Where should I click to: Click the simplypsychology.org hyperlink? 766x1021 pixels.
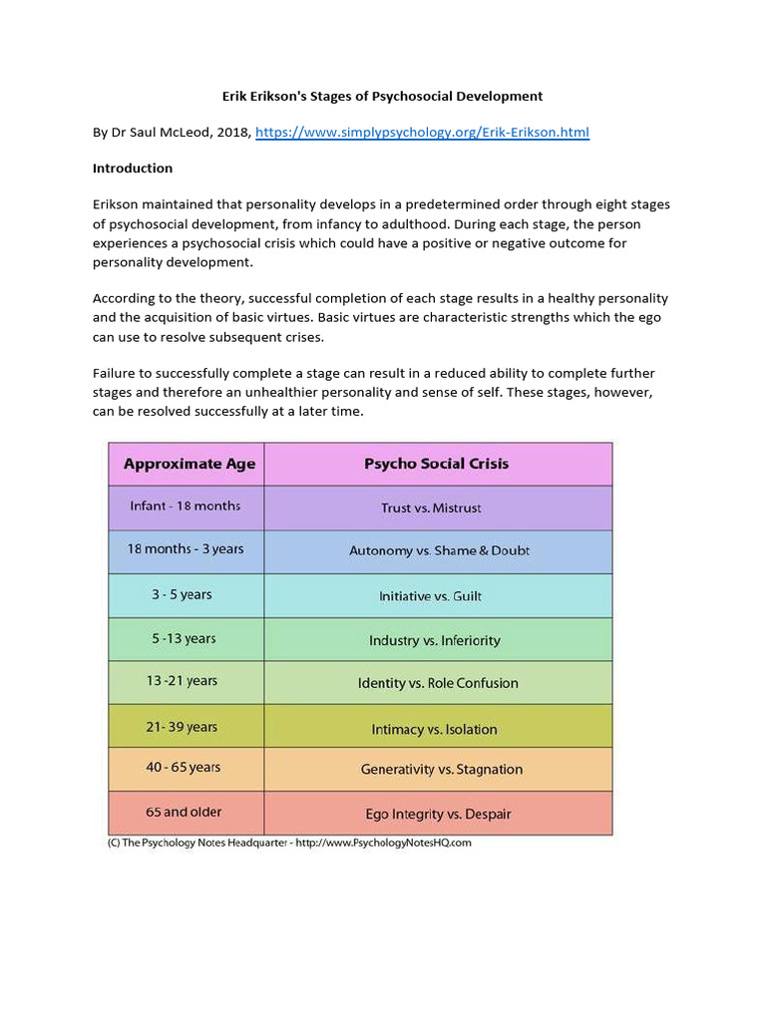[x=422, y=132]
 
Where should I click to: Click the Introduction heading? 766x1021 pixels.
[x=133, y=169]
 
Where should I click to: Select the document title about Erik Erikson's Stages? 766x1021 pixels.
[x=382, y=96]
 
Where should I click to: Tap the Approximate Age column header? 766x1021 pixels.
[x=189, y=464]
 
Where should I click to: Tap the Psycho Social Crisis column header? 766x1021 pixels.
[x=437, y=464]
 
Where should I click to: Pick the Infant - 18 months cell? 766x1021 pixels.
[x=186, y=507]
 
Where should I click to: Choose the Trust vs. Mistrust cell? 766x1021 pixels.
[x=431, y=509]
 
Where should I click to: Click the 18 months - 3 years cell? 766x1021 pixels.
[x=186, y=549]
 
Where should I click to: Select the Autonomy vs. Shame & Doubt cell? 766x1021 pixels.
[x=439, y=551]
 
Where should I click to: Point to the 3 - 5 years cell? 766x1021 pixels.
[x=182, y=594]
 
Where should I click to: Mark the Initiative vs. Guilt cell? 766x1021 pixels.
[x=430, y=596]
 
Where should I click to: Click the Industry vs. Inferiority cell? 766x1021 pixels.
[x=435, y=640]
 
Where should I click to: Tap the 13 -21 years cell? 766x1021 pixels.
[x=182, y=681]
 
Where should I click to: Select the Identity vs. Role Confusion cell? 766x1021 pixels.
[x=438, y=684]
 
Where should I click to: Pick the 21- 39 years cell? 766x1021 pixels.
[x=182, y=727]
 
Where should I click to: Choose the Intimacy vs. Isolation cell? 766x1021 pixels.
[x=434, y=729]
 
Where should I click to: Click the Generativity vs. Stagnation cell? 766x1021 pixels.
[x=441, y=770]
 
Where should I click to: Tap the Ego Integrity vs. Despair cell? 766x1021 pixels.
[x=438, y=815]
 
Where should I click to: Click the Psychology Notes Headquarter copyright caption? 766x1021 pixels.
[x=288, y=843]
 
